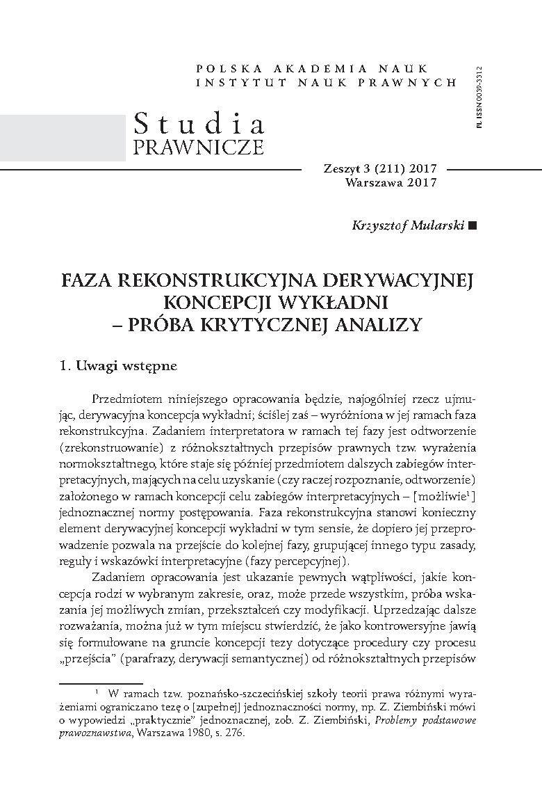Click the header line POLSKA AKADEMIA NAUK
click(x=326, y=69)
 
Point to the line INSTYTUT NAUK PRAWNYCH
click(x=326, y=82)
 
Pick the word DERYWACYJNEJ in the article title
click(x=398, y=280)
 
